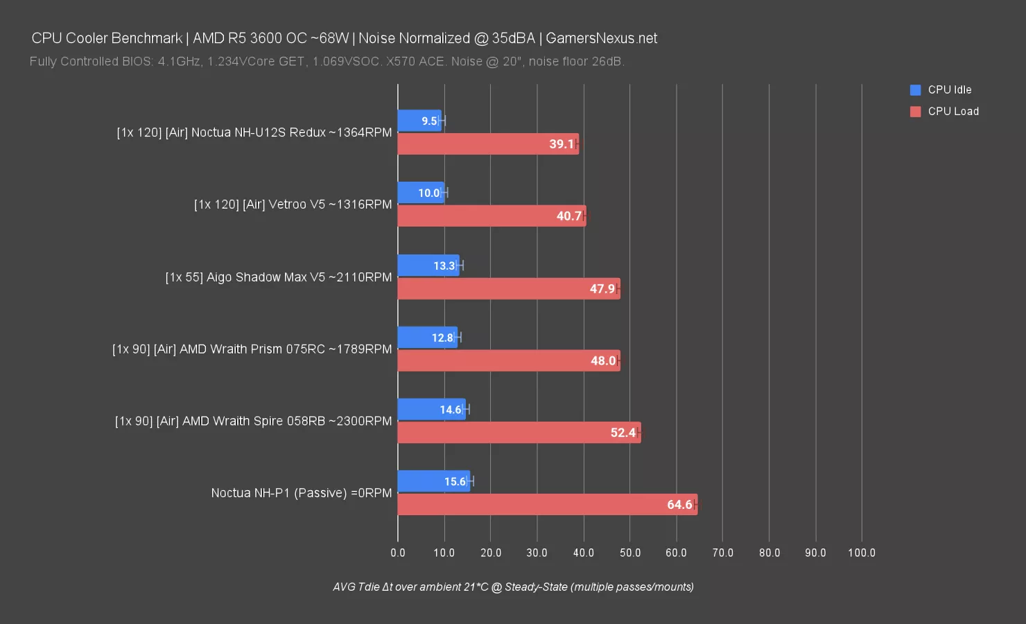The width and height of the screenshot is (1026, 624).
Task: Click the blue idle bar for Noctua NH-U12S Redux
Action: point(419,121)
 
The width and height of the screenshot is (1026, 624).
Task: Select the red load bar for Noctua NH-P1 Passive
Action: point(547,505)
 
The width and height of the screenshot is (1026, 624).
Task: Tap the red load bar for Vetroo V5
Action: point(492,216)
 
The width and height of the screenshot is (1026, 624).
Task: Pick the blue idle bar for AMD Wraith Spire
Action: point(431,409)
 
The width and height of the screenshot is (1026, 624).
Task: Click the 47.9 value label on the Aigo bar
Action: point(602,288)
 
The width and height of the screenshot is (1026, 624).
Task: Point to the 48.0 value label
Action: point(602,361)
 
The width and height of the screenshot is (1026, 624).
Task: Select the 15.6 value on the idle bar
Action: point(455,482)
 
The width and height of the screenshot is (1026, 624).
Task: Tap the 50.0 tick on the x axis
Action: point(629,553)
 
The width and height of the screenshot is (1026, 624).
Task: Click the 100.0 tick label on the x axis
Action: point(861,553)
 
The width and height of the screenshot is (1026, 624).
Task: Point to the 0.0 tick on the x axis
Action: point(398,553)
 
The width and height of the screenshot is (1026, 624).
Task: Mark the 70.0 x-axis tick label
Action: point(722,553)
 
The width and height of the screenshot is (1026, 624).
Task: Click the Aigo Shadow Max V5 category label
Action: point(278,277)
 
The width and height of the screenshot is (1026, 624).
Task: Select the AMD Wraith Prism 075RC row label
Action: point(252,349)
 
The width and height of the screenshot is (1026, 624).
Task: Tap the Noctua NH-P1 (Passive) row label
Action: point(301,493)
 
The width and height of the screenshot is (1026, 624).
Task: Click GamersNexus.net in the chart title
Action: point(601,38)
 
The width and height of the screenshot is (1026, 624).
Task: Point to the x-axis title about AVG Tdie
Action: point(513,587)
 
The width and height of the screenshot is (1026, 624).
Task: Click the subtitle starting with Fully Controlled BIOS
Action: point(327,62)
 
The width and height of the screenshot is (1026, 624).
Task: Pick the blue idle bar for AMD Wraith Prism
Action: point(427,338)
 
